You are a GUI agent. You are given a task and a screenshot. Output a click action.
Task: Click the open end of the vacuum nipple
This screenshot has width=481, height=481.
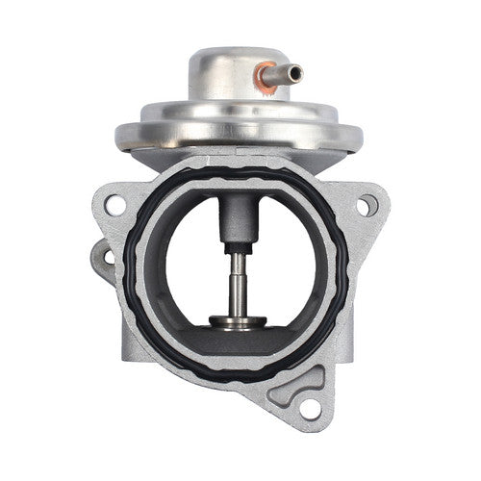[x=298, y=72]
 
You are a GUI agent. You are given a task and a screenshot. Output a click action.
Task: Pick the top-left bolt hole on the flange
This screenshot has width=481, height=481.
[x=114, y=205]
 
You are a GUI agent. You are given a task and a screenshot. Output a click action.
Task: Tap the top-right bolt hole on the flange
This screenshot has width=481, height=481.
[x=367, y=204]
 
